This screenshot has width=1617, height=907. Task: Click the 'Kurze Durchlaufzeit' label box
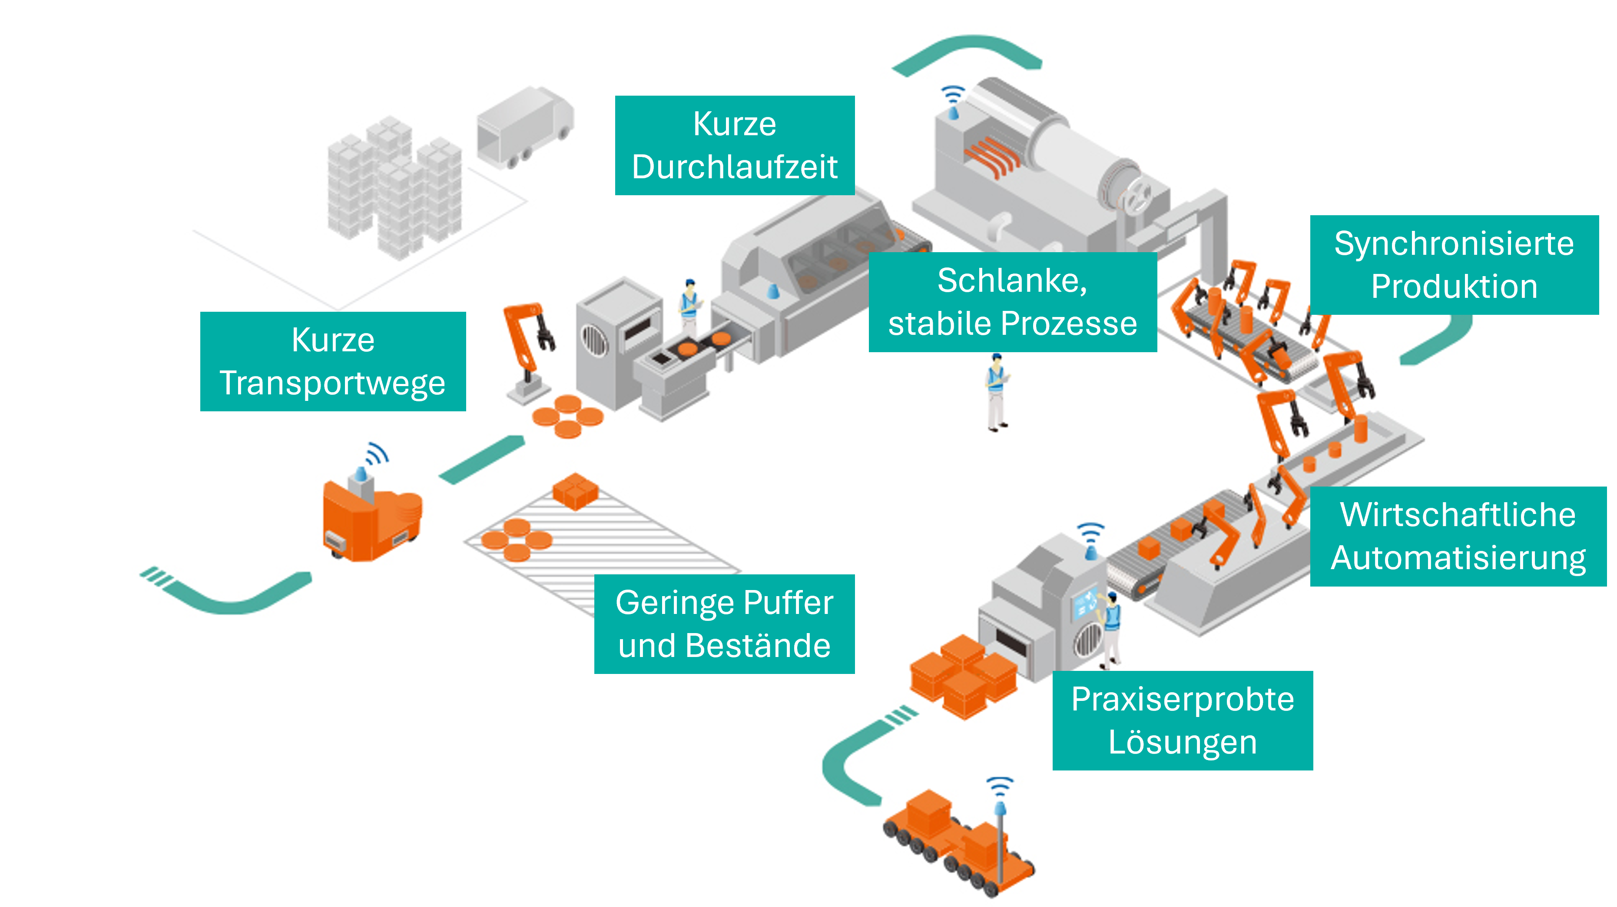click(x=735, y=145)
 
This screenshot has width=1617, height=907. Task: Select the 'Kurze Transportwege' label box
click(x=333, y=361)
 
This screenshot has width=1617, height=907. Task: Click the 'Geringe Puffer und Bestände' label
click(x=724, y=624)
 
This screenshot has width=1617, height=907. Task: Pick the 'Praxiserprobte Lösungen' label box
click(x=1182, y=720)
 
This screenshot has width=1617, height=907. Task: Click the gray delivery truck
click(x=524, y=127)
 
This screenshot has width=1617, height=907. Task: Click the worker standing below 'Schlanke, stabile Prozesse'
click(x=996, y=393)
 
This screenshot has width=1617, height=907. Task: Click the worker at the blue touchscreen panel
click(x=1110, y=629)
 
